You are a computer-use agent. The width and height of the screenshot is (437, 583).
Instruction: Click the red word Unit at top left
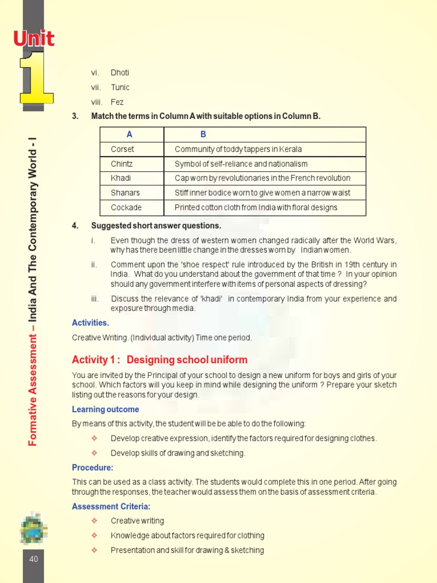coord(34,39)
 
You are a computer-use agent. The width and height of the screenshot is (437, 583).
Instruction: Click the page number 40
coord(34,559)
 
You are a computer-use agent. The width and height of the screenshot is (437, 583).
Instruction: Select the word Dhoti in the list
coord(120,72)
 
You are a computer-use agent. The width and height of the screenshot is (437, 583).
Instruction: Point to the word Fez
coord(117,102)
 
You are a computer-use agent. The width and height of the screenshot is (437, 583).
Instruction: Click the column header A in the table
coord(130,134)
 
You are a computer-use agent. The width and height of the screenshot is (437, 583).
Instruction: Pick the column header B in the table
coord(203,134)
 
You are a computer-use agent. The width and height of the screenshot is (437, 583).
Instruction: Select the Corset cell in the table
coord(122,149)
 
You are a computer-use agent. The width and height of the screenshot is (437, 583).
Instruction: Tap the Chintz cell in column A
coord(122,164)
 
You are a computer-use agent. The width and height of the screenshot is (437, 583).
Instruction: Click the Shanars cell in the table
coord(125,193)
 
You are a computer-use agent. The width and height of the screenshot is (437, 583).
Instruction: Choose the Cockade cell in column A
coord(126,207)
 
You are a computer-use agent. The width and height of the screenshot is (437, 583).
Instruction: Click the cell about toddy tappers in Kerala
coord(238,149)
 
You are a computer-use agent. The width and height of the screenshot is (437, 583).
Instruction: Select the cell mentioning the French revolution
coord(262,178)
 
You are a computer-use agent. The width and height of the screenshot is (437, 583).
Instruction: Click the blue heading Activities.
coord(90,323)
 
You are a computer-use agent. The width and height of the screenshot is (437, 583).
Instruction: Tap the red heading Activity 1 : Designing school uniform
coord(159,360)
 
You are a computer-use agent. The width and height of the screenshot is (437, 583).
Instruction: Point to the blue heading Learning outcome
coord(105,409)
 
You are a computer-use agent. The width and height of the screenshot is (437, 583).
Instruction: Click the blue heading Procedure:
coord(92,467)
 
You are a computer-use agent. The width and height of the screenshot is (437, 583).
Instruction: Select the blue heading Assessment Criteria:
coord(111,506)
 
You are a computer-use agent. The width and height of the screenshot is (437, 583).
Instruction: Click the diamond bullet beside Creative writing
coord(94,521)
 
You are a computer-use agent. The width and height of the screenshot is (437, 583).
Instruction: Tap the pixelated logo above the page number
coord(34,527)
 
